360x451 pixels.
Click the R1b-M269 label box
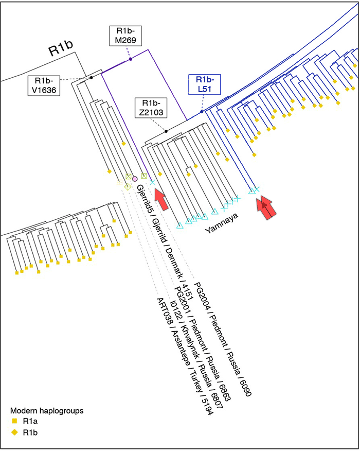pos(125,36)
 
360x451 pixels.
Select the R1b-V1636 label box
pos(44,85)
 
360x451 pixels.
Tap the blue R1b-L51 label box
pos(205,84)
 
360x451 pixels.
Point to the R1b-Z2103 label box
pos(151,108)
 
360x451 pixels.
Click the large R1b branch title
pos(61,48)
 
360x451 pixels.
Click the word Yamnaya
pos(222,223)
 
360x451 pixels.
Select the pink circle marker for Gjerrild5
pos(134,179)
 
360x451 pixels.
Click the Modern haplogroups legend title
pos(47,410)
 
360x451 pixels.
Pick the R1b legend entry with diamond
pos(24,432)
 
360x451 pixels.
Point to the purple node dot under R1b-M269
pos(131,59)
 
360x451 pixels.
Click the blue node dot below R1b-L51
pos(202,112)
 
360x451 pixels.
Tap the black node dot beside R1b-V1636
pos(92,77)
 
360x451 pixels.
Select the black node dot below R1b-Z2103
pos(166,131)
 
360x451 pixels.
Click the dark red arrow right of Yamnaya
pos(266,207)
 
